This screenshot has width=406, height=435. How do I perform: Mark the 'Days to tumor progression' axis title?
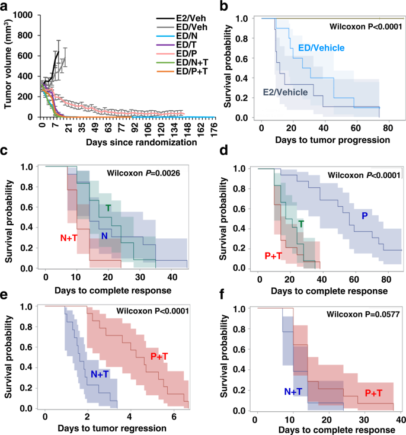tap(325, 141)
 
